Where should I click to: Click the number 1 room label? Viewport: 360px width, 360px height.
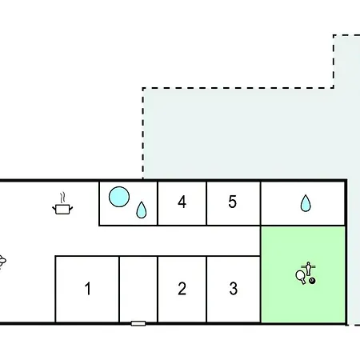point(88,289)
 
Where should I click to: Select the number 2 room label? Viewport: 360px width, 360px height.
point(182,289)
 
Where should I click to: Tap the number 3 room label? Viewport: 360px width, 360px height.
point(234,289)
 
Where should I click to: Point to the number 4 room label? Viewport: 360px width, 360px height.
point(182,202)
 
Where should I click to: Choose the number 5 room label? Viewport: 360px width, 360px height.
point(232,202)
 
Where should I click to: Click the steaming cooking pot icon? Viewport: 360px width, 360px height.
point(62,204)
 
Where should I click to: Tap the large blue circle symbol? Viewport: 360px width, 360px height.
point(119,197)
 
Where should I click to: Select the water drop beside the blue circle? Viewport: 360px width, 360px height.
point(142,210)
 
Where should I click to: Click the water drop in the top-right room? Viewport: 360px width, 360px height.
point(306,203)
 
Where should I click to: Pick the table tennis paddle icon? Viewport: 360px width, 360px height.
point(301,277)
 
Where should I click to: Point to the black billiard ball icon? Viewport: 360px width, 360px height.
point(312,281)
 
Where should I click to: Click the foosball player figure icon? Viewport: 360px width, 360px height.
point(309,269)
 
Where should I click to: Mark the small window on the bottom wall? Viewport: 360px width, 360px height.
point(138,323)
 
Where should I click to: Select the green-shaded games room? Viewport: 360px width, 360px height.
point(303,274)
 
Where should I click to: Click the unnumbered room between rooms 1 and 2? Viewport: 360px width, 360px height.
point(138,289)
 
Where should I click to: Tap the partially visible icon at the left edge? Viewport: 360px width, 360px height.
point(2,261)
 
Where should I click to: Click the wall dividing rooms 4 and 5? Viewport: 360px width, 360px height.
point(206,203)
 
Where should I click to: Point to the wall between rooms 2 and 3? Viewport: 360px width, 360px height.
point(206,290)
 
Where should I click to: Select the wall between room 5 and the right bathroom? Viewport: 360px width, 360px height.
point(261,203)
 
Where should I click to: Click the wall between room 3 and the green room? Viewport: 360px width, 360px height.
point(261,290)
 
